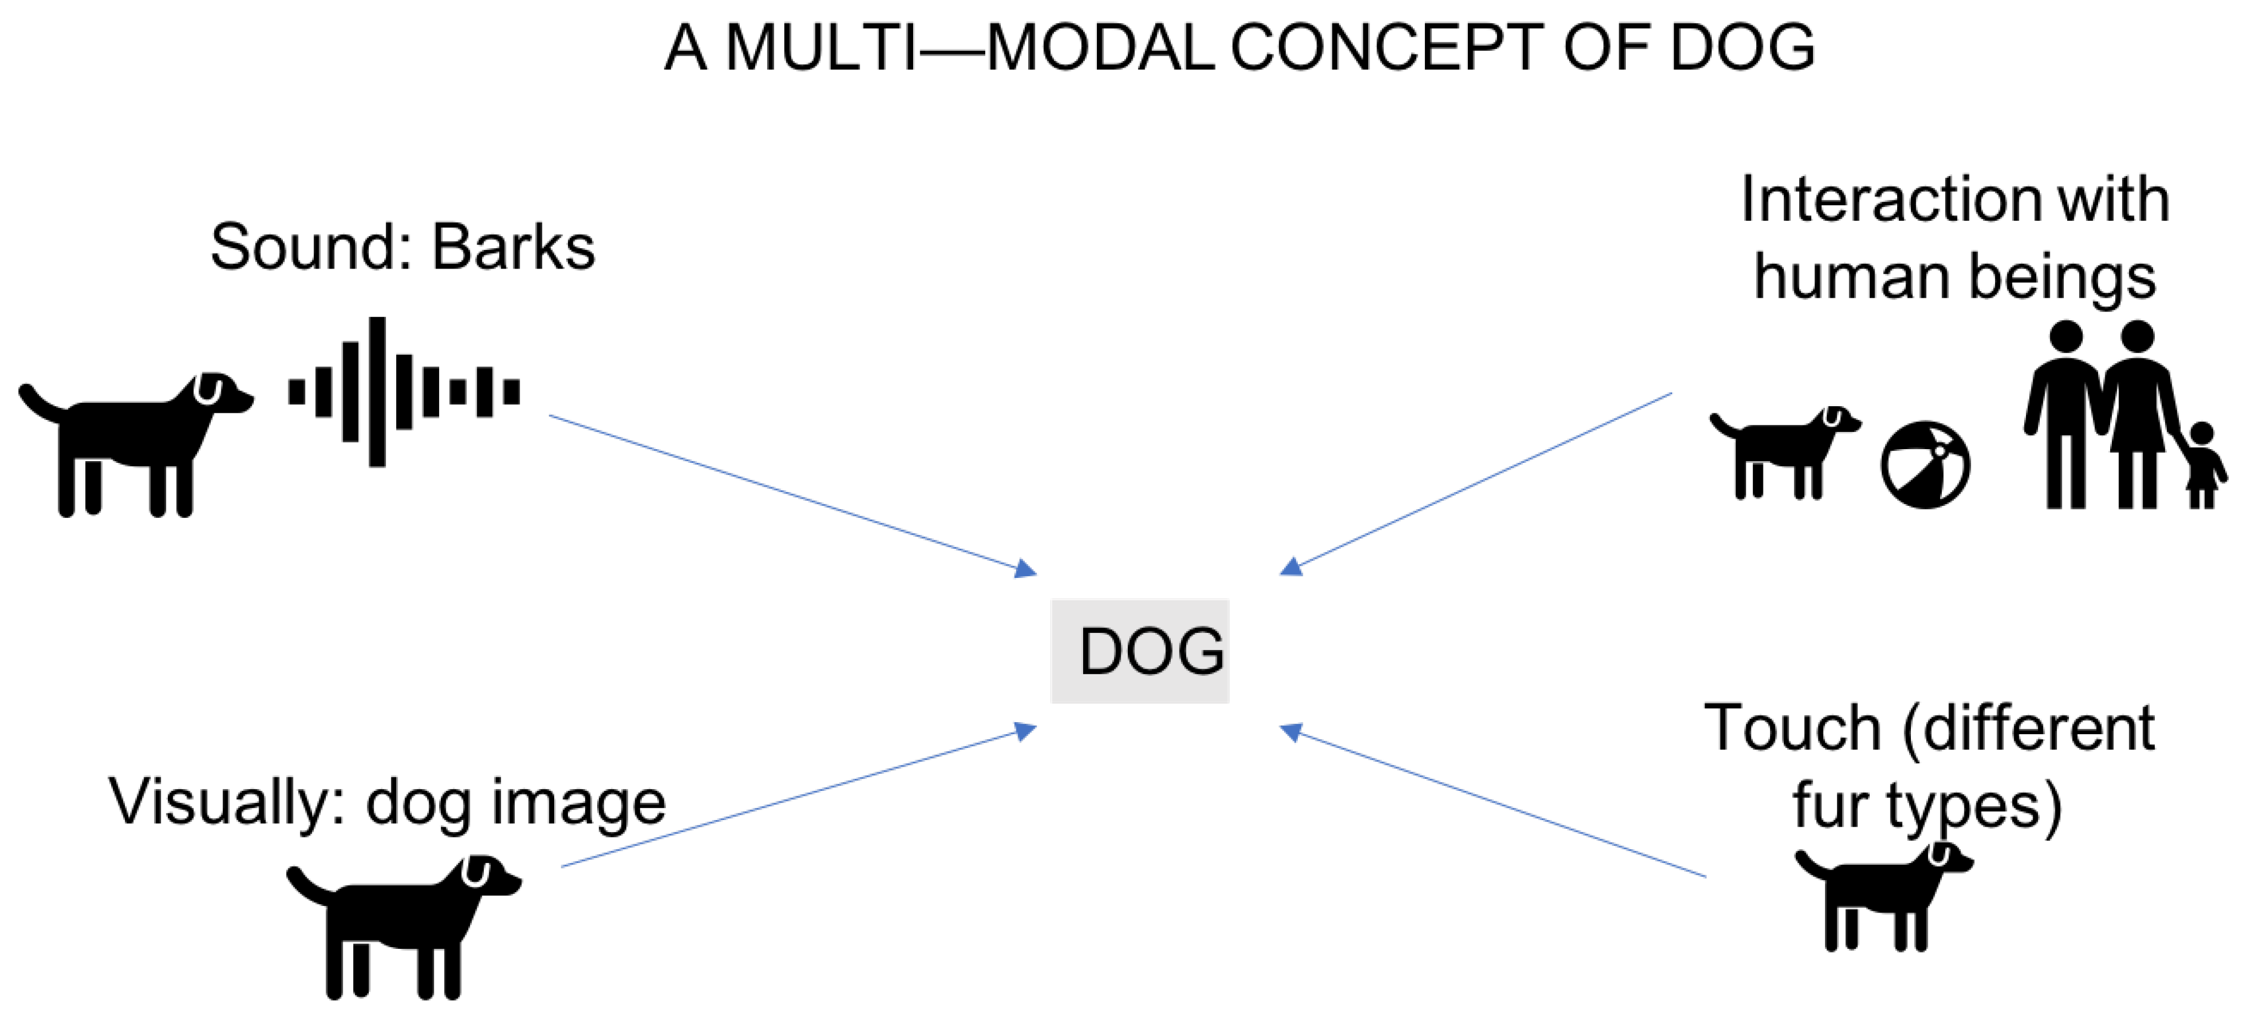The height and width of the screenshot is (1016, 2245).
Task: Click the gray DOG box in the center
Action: (1140, 651)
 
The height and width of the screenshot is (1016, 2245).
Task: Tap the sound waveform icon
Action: (403, 392)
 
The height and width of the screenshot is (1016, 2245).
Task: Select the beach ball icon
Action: (1925, 465)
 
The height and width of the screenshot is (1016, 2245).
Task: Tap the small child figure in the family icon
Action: (2202, 466)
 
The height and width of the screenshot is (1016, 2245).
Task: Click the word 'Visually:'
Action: (227, 802)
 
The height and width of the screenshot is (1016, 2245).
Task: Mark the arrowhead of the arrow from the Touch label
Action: (1290, 732)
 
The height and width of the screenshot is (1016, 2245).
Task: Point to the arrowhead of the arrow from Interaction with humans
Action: (1290, 568)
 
